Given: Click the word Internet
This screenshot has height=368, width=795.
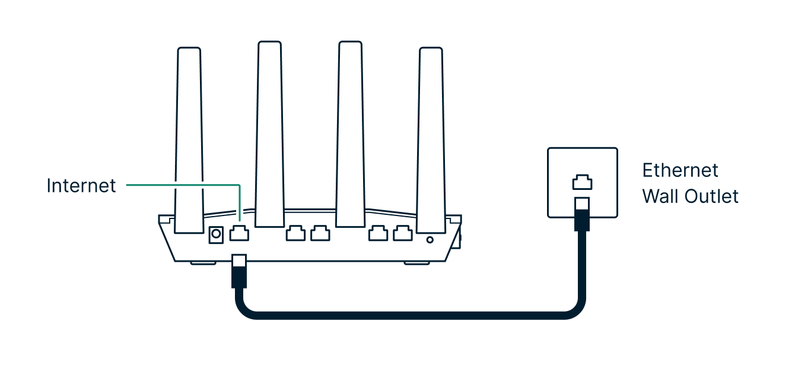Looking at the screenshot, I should [x=81, y=186].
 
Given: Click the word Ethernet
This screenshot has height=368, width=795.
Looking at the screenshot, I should [x=680, y=171].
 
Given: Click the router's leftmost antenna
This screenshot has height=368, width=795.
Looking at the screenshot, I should [x=189, y=137].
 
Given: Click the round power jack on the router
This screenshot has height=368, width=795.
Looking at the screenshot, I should [x=216, y=235].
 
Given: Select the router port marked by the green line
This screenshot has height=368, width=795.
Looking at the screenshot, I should [x=239, y=233].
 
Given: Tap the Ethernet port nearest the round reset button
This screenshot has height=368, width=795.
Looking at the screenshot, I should [x=403, y=233].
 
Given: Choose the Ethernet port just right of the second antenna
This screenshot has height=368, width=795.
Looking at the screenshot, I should [x=295, y=233].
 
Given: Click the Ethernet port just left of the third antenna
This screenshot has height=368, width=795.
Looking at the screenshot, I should [x=320, y=233].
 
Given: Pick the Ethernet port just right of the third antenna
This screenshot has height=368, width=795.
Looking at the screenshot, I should [x=378, y=233].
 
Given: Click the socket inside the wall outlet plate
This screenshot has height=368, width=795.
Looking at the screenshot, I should [x=582, y=181].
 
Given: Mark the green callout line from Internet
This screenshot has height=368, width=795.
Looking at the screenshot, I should [x=178, y=185].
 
